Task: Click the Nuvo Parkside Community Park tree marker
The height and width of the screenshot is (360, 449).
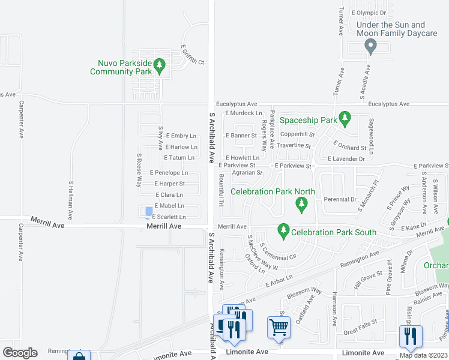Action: coord(159,64)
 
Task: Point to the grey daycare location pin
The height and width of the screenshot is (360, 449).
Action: coord(370,46)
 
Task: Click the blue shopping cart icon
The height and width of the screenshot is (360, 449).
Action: coord(279,328)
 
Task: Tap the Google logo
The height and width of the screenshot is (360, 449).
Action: coord(20,353)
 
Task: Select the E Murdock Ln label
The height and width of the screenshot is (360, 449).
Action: coord(243,113)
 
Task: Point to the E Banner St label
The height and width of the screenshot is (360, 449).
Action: coord(241,136)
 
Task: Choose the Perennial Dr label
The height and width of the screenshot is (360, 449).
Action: coord(340,199)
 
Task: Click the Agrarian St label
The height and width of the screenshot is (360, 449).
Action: coord(247,173)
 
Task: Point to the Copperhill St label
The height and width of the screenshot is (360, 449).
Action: coord(297,134)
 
